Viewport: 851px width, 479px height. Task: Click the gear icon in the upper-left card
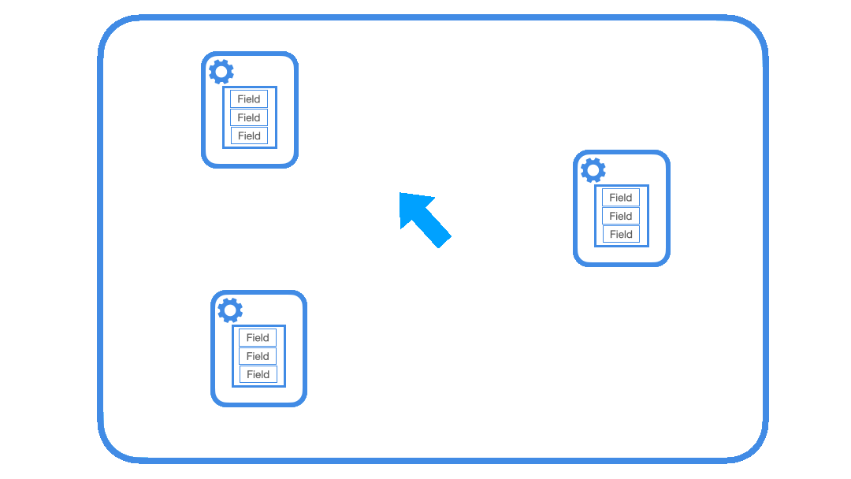point(221,72)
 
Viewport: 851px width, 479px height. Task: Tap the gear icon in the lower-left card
point(230,310)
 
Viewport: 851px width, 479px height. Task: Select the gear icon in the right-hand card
point(593,170)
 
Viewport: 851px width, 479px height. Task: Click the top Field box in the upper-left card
point(249,99)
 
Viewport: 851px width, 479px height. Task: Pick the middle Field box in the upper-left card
point(249,117)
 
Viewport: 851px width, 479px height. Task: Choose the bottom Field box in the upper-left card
point(249,136)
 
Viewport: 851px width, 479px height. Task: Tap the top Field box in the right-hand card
point(621,198)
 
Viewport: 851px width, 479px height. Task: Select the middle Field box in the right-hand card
point(621,216)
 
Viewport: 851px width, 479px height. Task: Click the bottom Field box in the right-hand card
point(621,234)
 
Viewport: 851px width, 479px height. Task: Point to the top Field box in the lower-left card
point(258,337)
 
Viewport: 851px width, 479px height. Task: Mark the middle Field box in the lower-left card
point(258,356)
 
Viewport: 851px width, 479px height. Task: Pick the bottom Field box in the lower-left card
point(258,374)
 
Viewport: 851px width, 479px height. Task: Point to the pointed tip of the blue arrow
point(401,194)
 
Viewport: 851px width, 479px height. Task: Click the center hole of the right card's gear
point(593,170)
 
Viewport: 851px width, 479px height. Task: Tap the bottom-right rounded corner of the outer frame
point(754,450)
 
